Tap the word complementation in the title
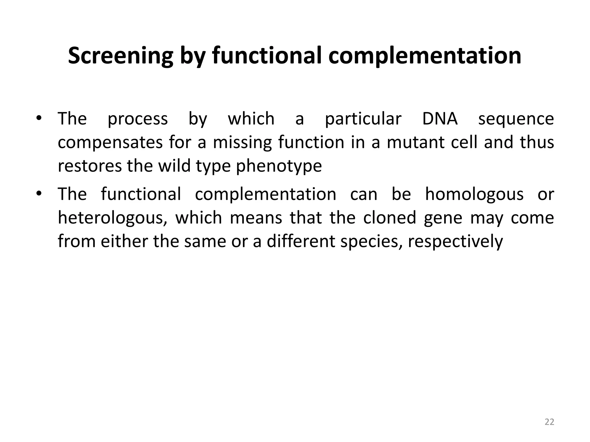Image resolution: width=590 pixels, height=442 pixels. [x=425, y=56]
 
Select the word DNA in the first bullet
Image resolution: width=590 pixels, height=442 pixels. [x=440, y=119]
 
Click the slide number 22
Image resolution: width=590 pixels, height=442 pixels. [x=549, y=422]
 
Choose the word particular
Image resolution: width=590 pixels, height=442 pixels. [x=363, y=119]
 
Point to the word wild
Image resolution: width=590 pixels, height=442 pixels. [x=174, y=166]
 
